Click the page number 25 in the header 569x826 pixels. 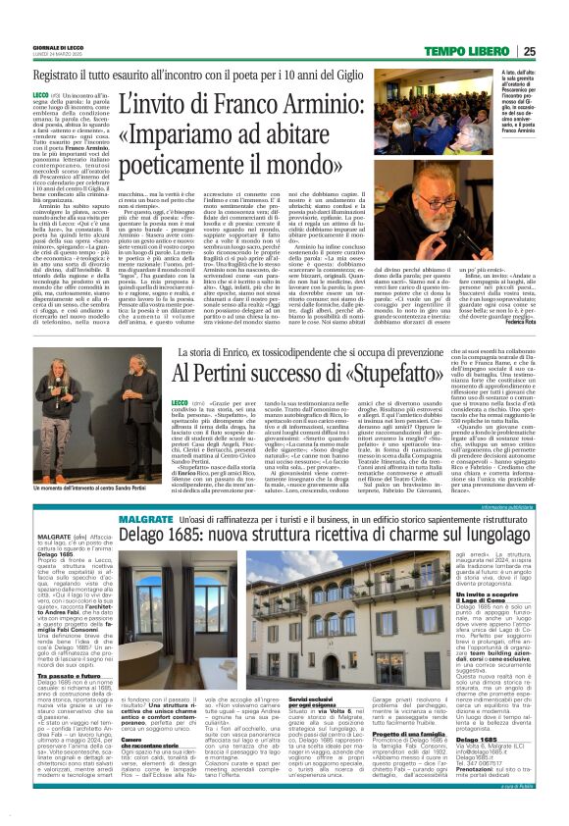click(x=555, y=52)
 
